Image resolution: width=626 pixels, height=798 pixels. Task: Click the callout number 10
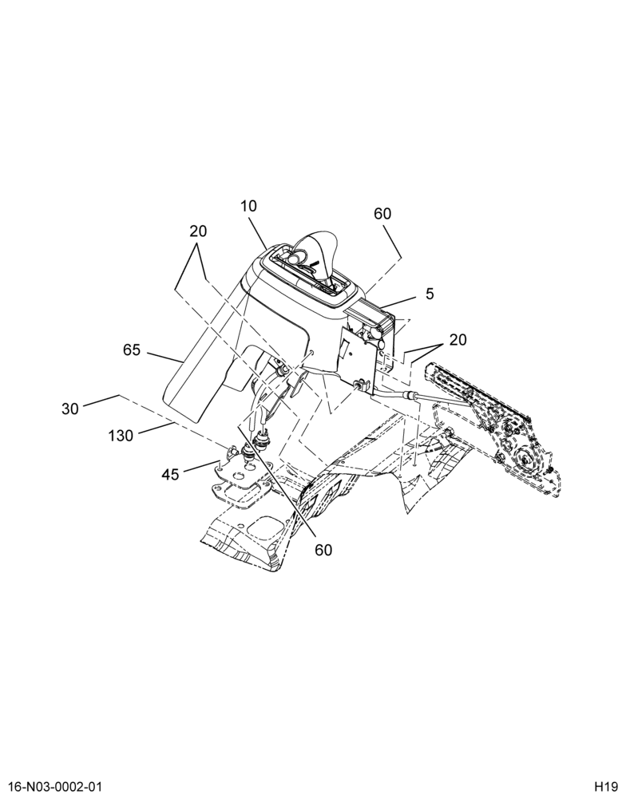pos(249,206)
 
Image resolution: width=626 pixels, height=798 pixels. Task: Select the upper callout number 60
pos(382,214)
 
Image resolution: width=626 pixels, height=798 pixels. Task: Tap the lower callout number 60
pos(323,550)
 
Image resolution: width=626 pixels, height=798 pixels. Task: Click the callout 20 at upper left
pos(198,231)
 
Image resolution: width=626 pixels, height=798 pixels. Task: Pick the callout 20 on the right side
pos(458,339)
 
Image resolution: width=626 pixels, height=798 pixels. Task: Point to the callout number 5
pos(430,294)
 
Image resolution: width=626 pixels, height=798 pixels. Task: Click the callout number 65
pos(132,350)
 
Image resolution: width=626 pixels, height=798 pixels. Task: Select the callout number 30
pos(70,409)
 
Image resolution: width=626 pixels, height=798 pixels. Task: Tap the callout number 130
pos(121,436)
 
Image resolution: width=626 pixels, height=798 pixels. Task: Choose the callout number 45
pos(170,474)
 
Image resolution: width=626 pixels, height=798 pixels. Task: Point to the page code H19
pos(604,786)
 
